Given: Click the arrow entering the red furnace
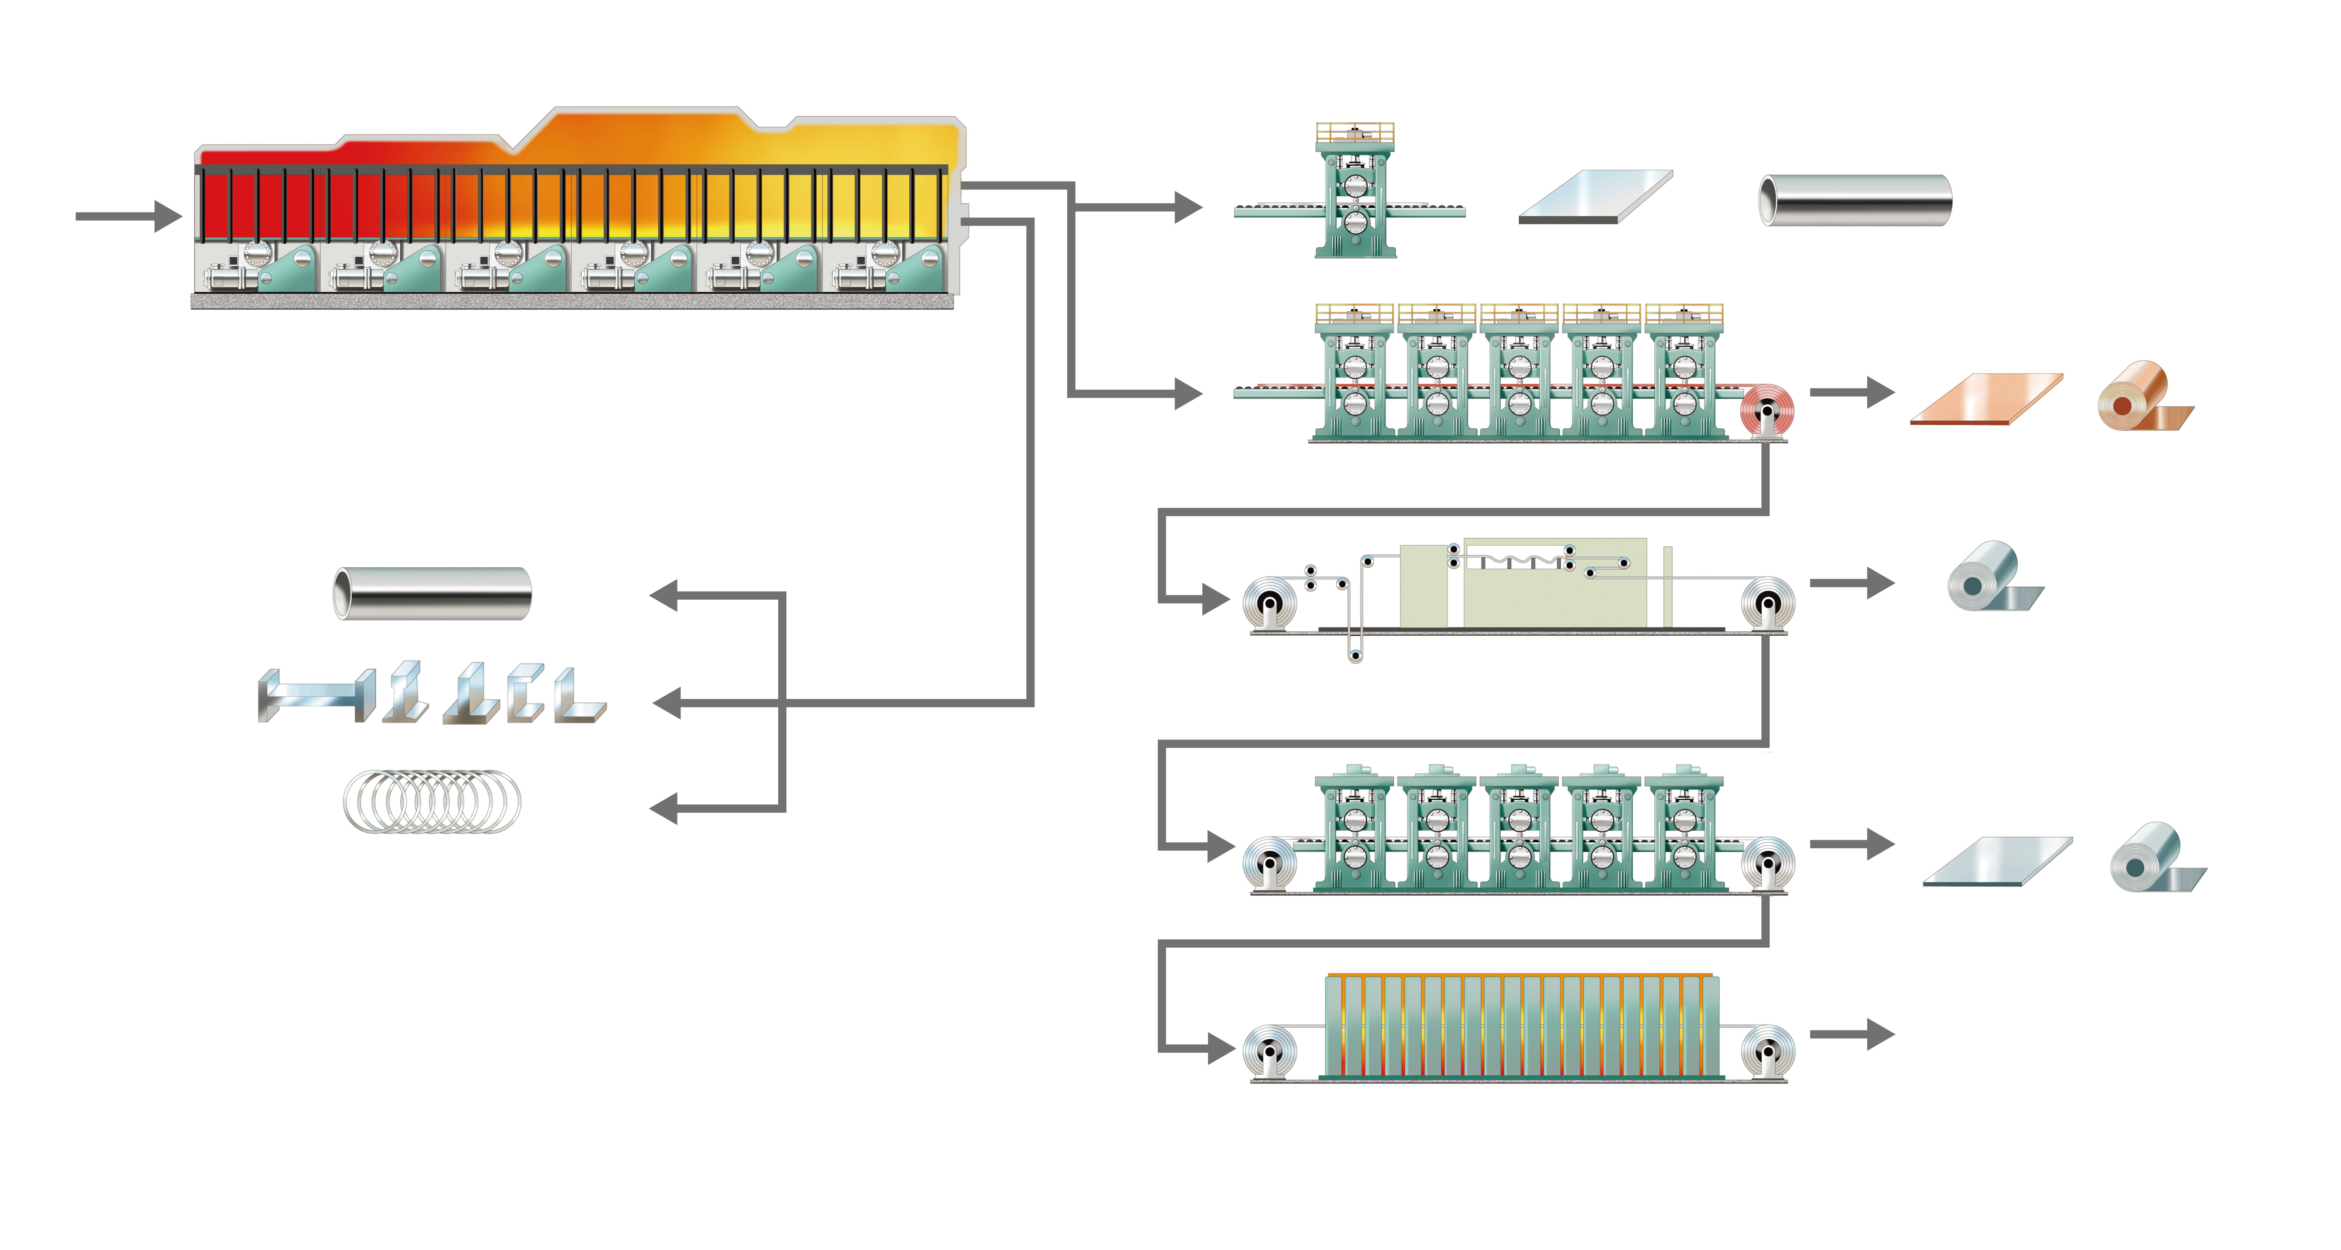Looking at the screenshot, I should coord(127,216).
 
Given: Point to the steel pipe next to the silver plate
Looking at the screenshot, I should coord(1856,200).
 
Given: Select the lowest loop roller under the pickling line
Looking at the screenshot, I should coord(1355,654).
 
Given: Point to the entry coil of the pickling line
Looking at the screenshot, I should coord(1270,604).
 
